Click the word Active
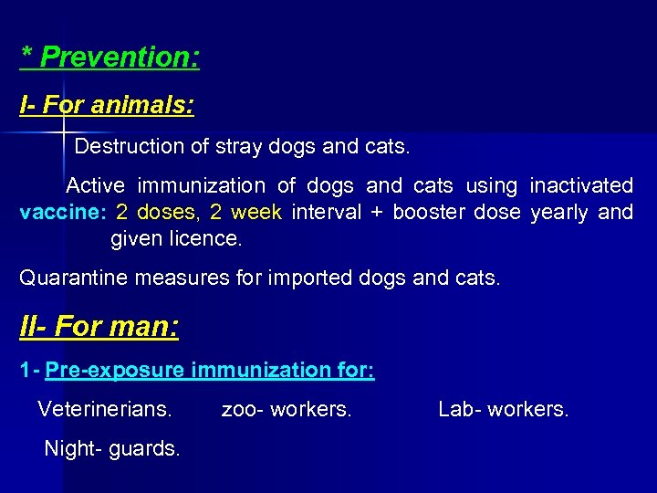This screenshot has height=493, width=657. point(95,186)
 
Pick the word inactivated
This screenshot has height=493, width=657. point(581,186)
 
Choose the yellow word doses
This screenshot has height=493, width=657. point(165,214)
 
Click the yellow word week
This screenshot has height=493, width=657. point(256,214)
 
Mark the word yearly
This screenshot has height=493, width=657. point(559,214)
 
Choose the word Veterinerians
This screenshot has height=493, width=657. point(104,409)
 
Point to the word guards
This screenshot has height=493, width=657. point(144,448)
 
